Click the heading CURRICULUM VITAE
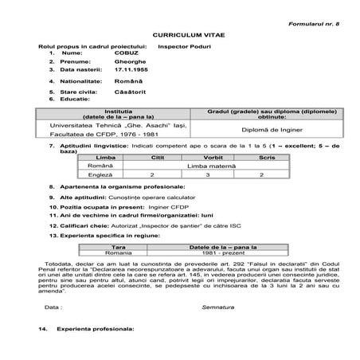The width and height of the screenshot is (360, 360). tap(181, 34)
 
